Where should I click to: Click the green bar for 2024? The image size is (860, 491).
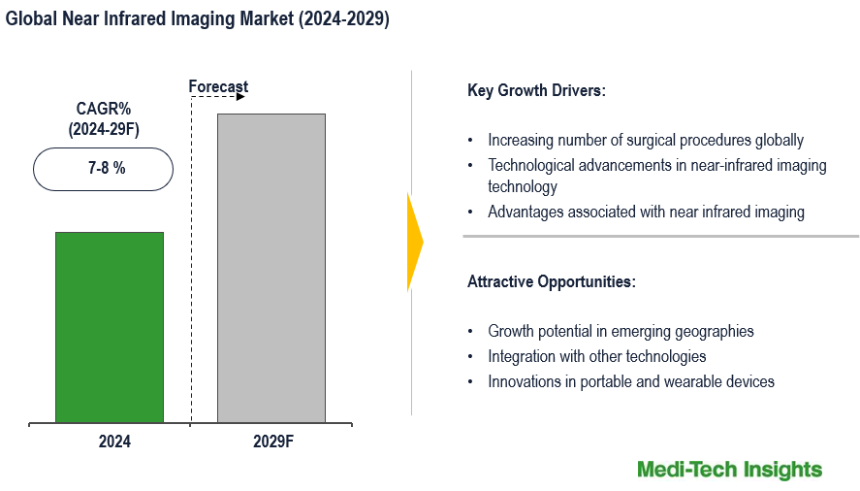(x=110, y=327)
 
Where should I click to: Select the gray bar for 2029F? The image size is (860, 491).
(x=271, y=268)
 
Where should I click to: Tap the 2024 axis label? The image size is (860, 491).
(x=113, y=442)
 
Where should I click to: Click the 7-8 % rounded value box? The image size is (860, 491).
(x=104, y=169)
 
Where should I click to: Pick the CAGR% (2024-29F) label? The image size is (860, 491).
(x=104, y=118)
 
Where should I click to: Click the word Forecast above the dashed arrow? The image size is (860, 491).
(x=218, y=87)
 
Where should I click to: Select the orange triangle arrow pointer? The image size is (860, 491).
(x=414, y=242)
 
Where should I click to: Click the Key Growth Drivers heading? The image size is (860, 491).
(x=536, y=91)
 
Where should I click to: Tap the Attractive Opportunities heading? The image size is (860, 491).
(x=552, y=282)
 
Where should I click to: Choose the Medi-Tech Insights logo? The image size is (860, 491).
(x=729, y=470)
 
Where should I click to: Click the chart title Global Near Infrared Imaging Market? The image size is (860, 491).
(x=198, y=19)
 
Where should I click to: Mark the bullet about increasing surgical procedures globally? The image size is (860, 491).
(x=645, y=140)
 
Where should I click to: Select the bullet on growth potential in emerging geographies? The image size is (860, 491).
(x=621, y=331)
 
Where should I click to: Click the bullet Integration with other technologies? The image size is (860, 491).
(x=596, y=356)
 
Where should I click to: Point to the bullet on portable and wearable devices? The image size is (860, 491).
(x=630, y=381)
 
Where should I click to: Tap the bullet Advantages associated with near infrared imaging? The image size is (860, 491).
(x=646, y=212)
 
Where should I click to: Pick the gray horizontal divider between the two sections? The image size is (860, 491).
(x=660, y=236)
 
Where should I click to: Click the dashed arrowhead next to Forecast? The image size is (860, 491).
(x=242, y=97)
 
